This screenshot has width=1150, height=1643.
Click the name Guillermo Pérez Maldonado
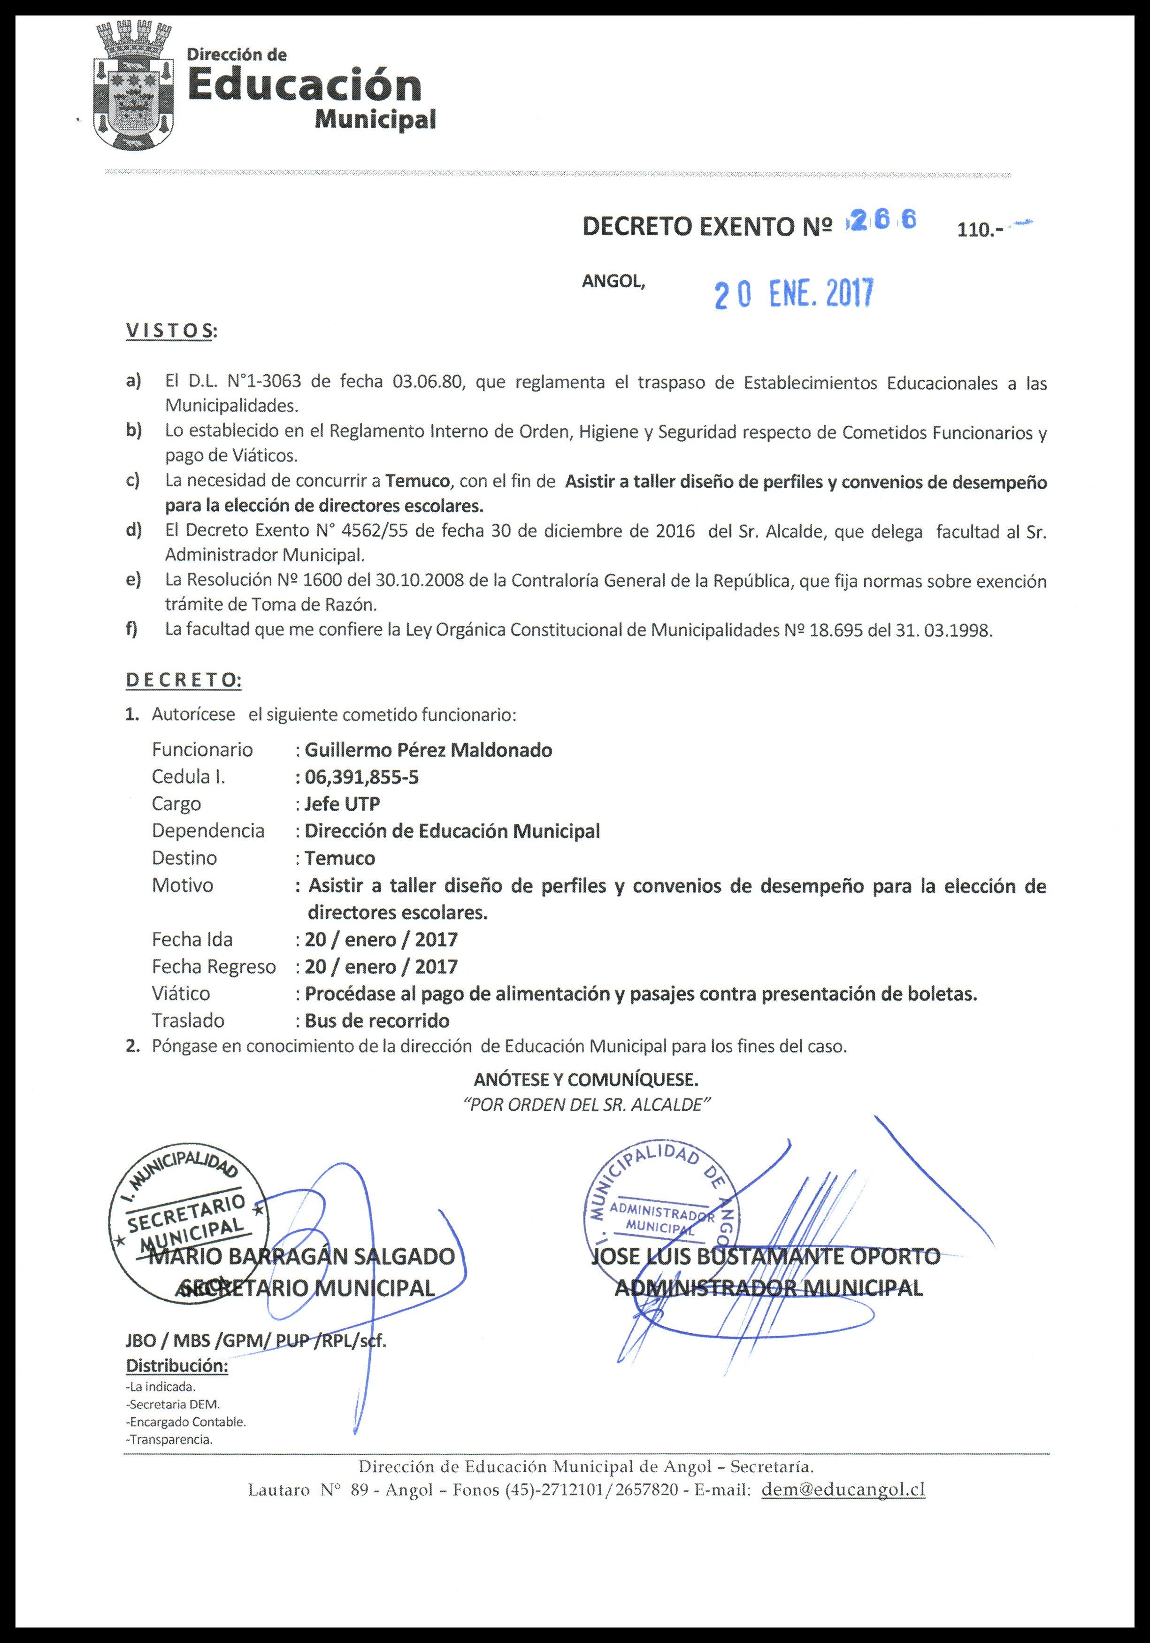[428, 750]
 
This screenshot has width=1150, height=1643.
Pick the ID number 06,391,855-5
[361, 777]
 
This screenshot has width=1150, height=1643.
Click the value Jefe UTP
[342, 804]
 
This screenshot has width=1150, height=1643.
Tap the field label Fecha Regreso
[213, 967]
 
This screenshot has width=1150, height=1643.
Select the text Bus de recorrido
[377, 1021]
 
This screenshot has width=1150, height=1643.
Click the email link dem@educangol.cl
[843, 1490]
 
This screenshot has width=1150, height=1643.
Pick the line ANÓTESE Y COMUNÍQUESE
[586, 1078]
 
